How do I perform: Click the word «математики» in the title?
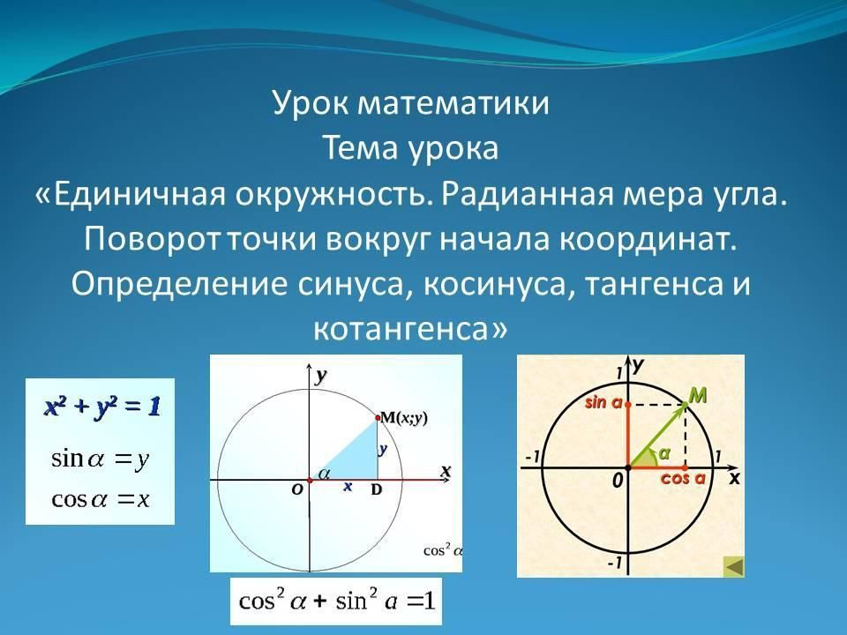pos(453,102)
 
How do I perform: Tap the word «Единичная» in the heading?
pos(139,193)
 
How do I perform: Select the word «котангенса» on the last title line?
pos(401,328)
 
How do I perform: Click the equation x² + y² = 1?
pos(102,407)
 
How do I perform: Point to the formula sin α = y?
pos(100,459)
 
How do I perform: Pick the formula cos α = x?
pos(100,499)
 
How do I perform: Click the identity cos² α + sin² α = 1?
pos(336,601)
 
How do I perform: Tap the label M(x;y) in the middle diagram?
pos(404,417)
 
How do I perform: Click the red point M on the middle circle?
pos(378,417)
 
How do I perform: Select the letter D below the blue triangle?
pos(377,489)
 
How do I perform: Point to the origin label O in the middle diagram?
pos(297,489)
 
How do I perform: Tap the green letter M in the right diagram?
pos(698,396)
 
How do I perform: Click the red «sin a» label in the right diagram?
pos(603,402)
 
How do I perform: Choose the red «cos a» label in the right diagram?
pos(683,478)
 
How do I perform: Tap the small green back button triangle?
pos(733,567)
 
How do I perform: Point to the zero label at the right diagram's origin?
pos(618,480)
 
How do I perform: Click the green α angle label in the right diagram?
pos(663,453)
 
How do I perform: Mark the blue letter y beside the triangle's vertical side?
pos(383,449)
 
